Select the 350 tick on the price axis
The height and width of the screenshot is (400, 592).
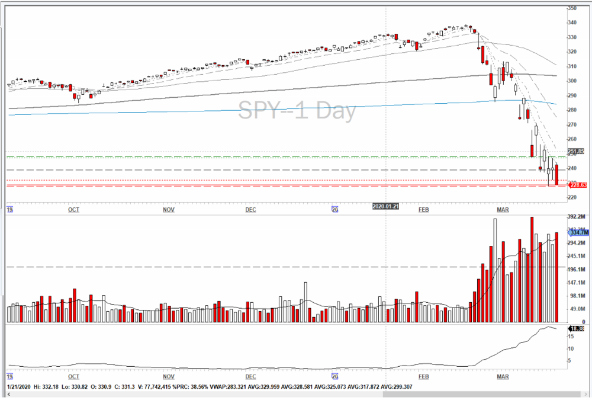[x=572, y=8]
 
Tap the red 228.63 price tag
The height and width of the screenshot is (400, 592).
[x=576, y=185]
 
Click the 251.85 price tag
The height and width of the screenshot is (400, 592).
[x=576, y=152]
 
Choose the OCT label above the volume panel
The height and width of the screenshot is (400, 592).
[x=73, y=210]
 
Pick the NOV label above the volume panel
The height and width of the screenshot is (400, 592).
[x=169, y=210]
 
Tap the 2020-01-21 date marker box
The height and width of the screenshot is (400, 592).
[x=386, y=206]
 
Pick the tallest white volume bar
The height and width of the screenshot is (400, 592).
[x=495, y=270]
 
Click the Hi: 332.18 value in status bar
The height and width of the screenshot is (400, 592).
[x=44, y=387]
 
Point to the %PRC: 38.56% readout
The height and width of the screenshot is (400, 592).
[x=219, y=387]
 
